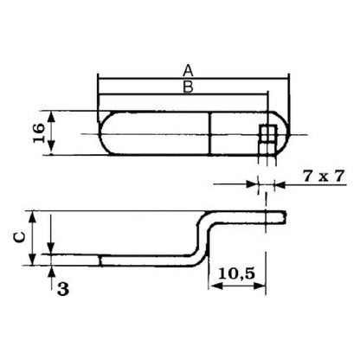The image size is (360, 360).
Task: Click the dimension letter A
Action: pyautogui.click(x=188, y=70)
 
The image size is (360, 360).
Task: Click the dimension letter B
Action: pyautogui.click(x=188, y=87)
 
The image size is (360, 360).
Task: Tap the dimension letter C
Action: pyautogui.click(x=20, y=237)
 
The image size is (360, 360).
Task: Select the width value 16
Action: pyautogui.click(x=39, y=133)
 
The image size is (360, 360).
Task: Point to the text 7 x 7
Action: pyautogui.click(x=324, y=176)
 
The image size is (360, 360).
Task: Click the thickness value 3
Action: pyautogui.click(x=63, y=289)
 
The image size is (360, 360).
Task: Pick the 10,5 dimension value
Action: pyautogui.click(x=236, y=273)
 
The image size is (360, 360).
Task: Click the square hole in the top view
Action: pyautogui.click(x=268, y=134)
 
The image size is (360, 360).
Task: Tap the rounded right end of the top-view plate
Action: pyautogui.click(x=283, y=133)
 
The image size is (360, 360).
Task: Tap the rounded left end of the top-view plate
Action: pyautogui.click(x=101, y=133)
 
